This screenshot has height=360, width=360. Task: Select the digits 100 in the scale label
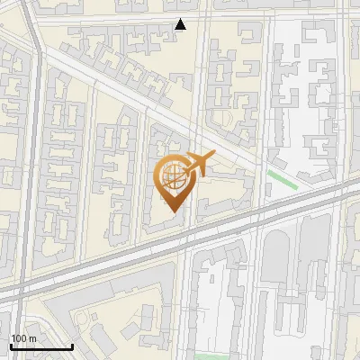(x=18, y=338)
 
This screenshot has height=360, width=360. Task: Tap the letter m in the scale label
(x=31, y=338)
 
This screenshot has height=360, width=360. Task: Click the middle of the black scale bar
(x=41, y=346)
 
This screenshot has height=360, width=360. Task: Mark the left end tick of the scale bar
(x=11, y=345)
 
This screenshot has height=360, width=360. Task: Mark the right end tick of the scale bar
(x=72, y=345)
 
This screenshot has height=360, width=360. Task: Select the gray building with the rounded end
(x=274, y=253)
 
